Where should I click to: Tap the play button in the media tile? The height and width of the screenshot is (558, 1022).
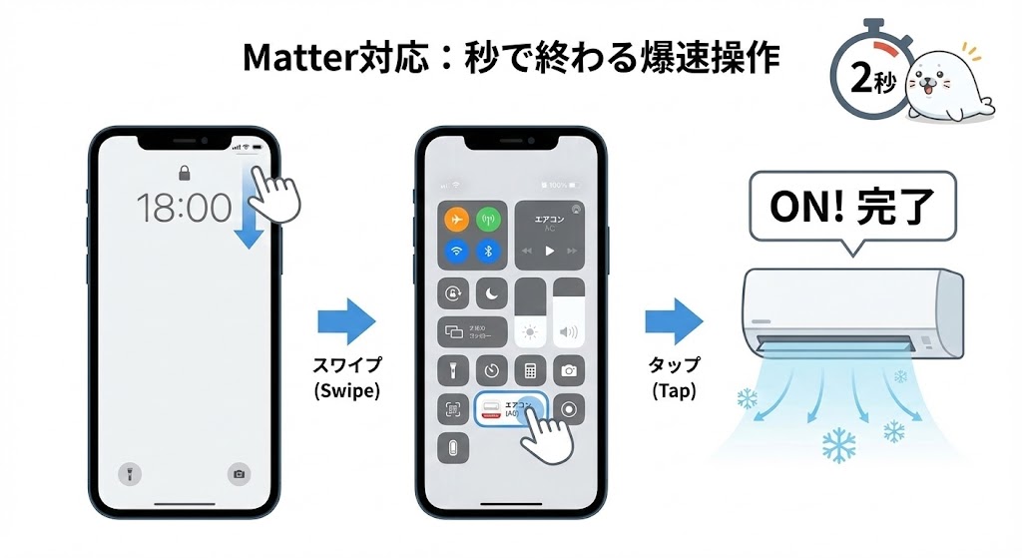pyautogui.click(x=550, y=252)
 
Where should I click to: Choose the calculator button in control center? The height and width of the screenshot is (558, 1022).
pyautogui.click(x=531, y=371)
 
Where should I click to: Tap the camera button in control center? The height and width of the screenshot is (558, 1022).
pyautogui.click(x=569, y=371)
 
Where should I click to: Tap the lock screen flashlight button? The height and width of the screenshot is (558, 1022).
pyautogui.click(x=129, y=473)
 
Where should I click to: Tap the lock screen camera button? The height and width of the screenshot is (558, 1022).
pyautogui.click(x=239, y=473)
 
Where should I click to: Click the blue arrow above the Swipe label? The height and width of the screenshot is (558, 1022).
pyautogui.click(x=345, y=320)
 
